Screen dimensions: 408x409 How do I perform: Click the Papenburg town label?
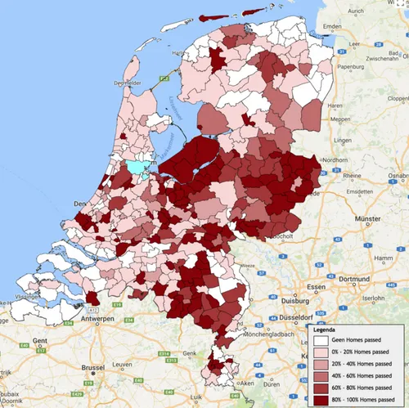pyautogui.click(x=361, y=68)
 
